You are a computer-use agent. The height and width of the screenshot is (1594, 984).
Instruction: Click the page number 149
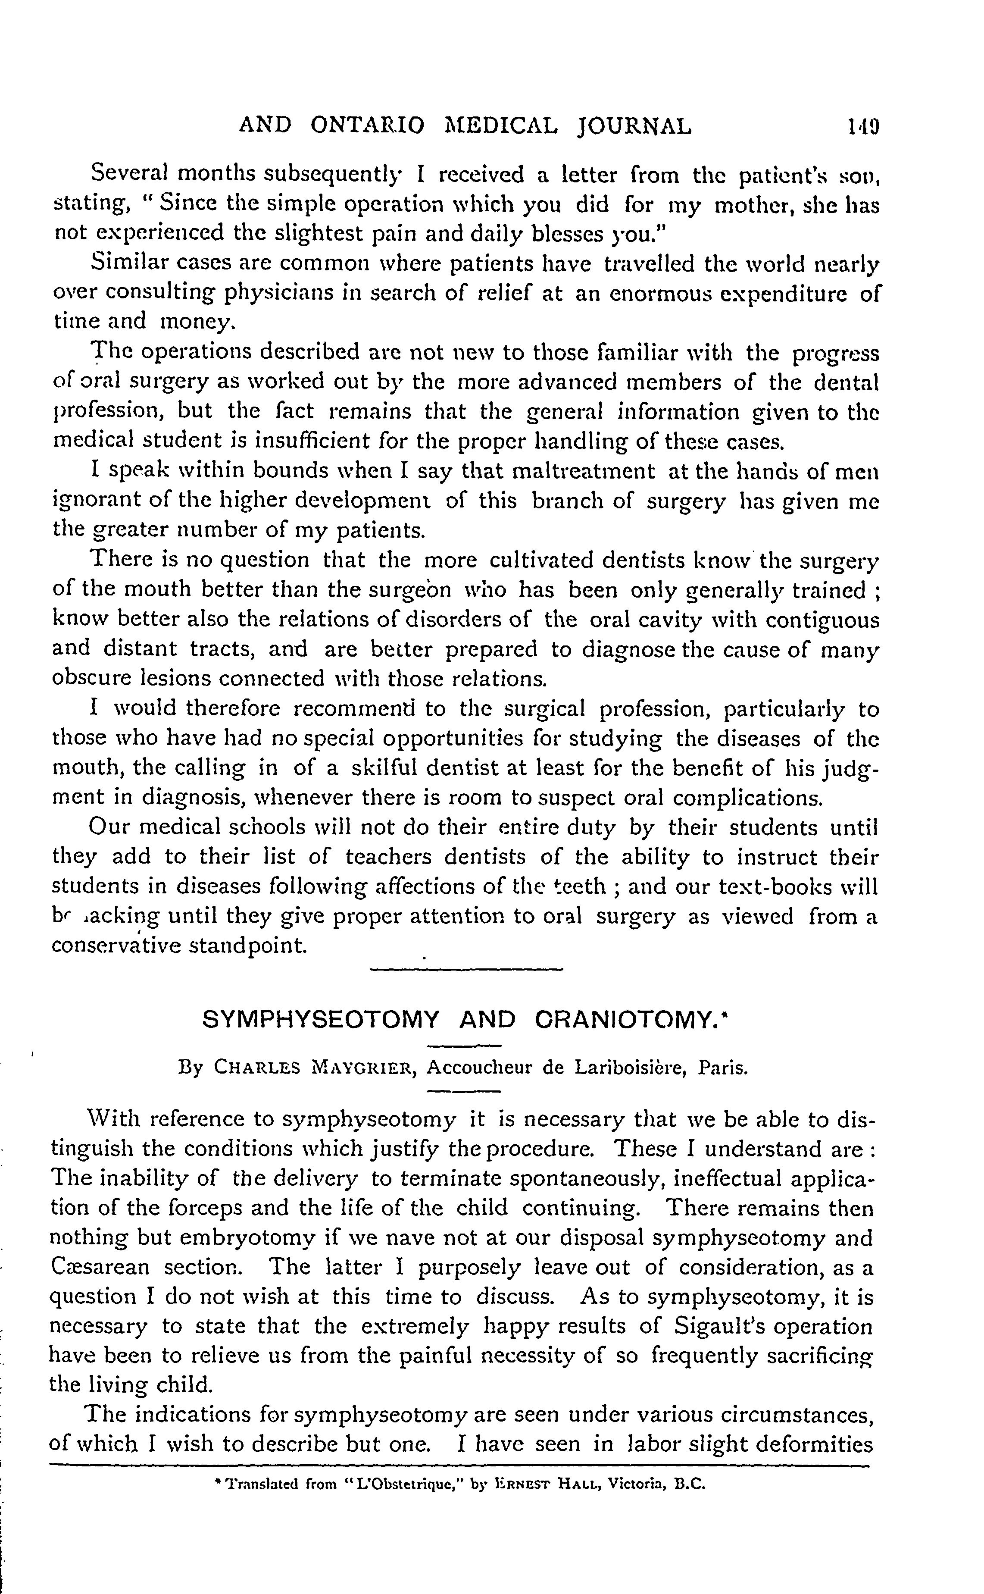(x=863, y=125)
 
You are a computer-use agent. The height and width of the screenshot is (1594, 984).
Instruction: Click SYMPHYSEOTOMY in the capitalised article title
(x=321, y=1020)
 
